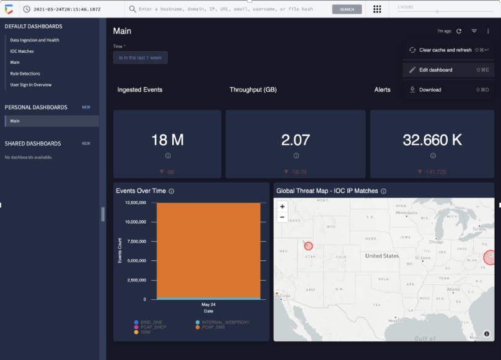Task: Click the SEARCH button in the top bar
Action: (x=347, y=9)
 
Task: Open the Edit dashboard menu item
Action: (x=435, y=70)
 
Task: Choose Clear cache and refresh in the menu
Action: (x=445, y=50)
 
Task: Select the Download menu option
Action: (x=430, y=90)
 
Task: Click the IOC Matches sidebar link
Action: (x=22, y=51)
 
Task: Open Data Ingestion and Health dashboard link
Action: (x=35, y=40)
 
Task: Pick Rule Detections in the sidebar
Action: (x=25, y=74)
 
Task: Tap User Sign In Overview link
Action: (x=31, y=85)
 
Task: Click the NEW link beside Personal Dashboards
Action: (x=86, y=107)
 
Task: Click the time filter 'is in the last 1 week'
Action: (x=140, y=58)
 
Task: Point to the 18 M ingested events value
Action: (x=167, y=140)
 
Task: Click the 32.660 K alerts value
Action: (x=432, y=140)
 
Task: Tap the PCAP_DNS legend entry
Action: (x=214, y=327)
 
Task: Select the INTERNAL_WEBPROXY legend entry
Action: (x=220, y=322)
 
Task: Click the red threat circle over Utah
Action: (x=308, y=246)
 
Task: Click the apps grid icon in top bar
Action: (x=377, y=9)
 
